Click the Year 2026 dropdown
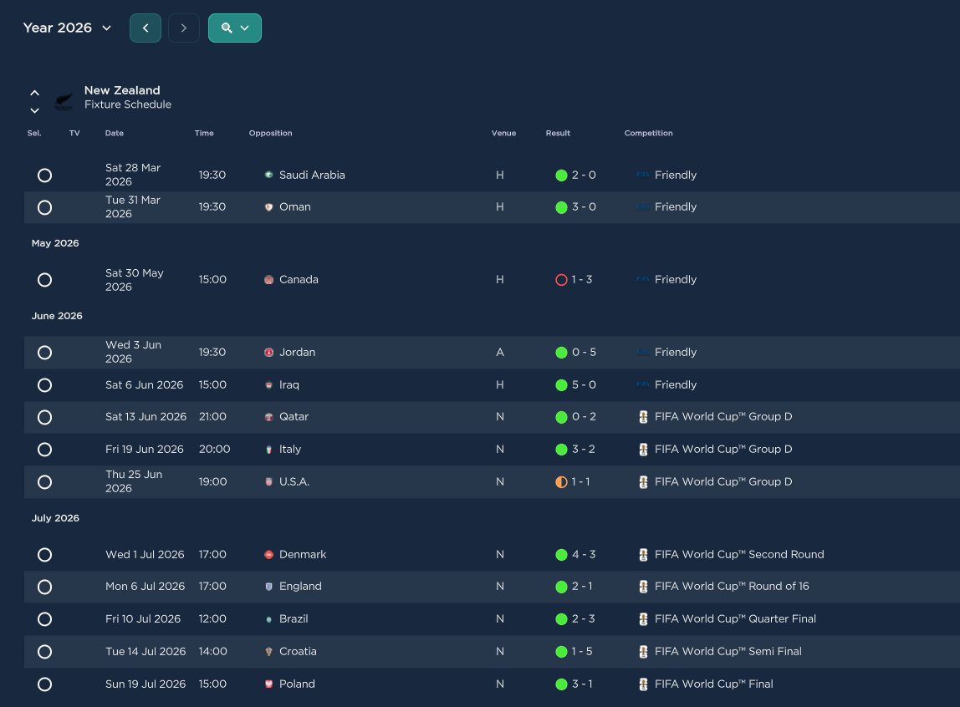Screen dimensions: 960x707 67,28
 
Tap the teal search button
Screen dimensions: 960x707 234,28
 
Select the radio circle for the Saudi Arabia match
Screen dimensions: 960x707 44,175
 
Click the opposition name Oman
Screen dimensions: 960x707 294,206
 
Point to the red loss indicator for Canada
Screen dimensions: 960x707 561,280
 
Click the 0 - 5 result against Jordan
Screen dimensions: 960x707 584,353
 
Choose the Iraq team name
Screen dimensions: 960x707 289,384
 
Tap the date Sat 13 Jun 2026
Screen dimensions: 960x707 146,416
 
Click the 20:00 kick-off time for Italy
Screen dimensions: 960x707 214,449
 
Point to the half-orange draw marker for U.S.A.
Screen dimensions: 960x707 561,482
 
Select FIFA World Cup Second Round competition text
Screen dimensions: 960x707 739,554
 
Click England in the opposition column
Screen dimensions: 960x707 300,586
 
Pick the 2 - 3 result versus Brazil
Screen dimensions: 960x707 583,619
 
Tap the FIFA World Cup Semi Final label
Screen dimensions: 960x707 728,651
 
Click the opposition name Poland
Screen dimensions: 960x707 297,684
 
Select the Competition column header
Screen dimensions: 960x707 648,133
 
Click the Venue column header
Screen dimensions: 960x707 503,133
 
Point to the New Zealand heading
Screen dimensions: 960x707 122,90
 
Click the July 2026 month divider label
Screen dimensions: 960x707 55,518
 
